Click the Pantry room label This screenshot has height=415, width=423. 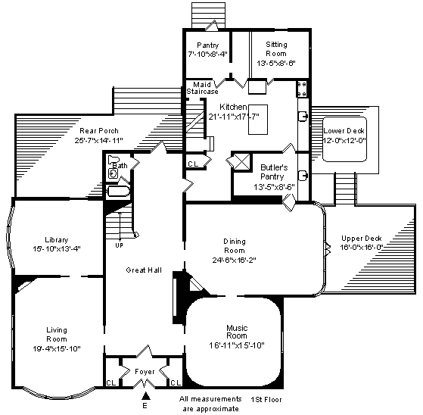(208, 45)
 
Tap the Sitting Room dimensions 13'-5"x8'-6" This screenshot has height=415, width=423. (276, 63)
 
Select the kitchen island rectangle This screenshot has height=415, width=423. (258, 120)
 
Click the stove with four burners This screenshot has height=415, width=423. (302, 89)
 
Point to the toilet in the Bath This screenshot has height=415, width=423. (113, 160)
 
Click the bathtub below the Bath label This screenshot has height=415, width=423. (119, 191)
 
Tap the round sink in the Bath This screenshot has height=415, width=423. (113, 173)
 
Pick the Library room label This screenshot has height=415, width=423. (57, 240)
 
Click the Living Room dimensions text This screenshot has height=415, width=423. (57, 348)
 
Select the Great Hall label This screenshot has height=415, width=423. (144, 270)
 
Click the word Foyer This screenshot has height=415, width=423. (145, 372)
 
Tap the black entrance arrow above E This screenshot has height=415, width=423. (146, 395)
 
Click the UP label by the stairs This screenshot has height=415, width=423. (120, 245)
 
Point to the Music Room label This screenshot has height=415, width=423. (237, 332)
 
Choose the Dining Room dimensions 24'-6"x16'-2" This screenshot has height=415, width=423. (234, 260)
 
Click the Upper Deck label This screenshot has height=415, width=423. (362, 239)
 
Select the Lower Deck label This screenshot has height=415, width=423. (344, 131)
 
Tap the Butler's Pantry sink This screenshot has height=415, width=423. (303, 176)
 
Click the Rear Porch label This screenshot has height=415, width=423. (99, 131)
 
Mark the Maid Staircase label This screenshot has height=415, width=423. (202, 88)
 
